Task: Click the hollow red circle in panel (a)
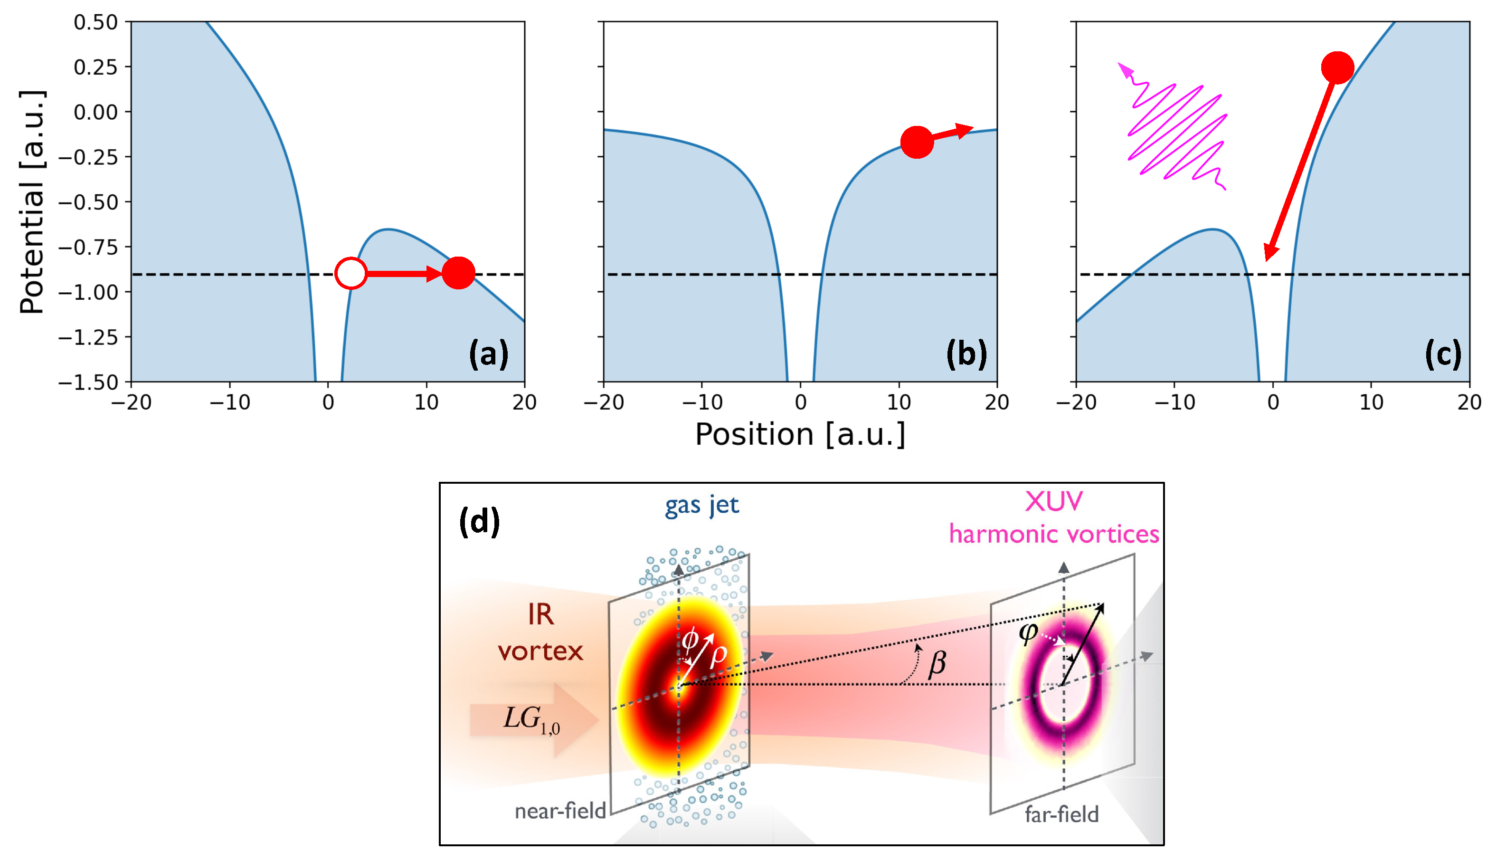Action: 351,273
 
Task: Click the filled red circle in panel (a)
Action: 458,273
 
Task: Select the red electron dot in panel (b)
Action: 916,142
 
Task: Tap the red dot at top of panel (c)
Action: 1337,67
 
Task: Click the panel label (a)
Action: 488,354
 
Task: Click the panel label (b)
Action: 966,354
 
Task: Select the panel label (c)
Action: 1443,354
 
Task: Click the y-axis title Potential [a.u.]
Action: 32,202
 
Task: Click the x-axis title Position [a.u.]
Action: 800,435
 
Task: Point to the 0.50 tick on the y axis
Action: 96,22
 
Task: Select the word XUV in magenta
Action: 1053,501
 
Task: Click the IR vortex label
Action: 540,633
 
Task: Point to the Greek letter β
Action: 937,663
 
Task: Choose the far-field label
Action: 1061,815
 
